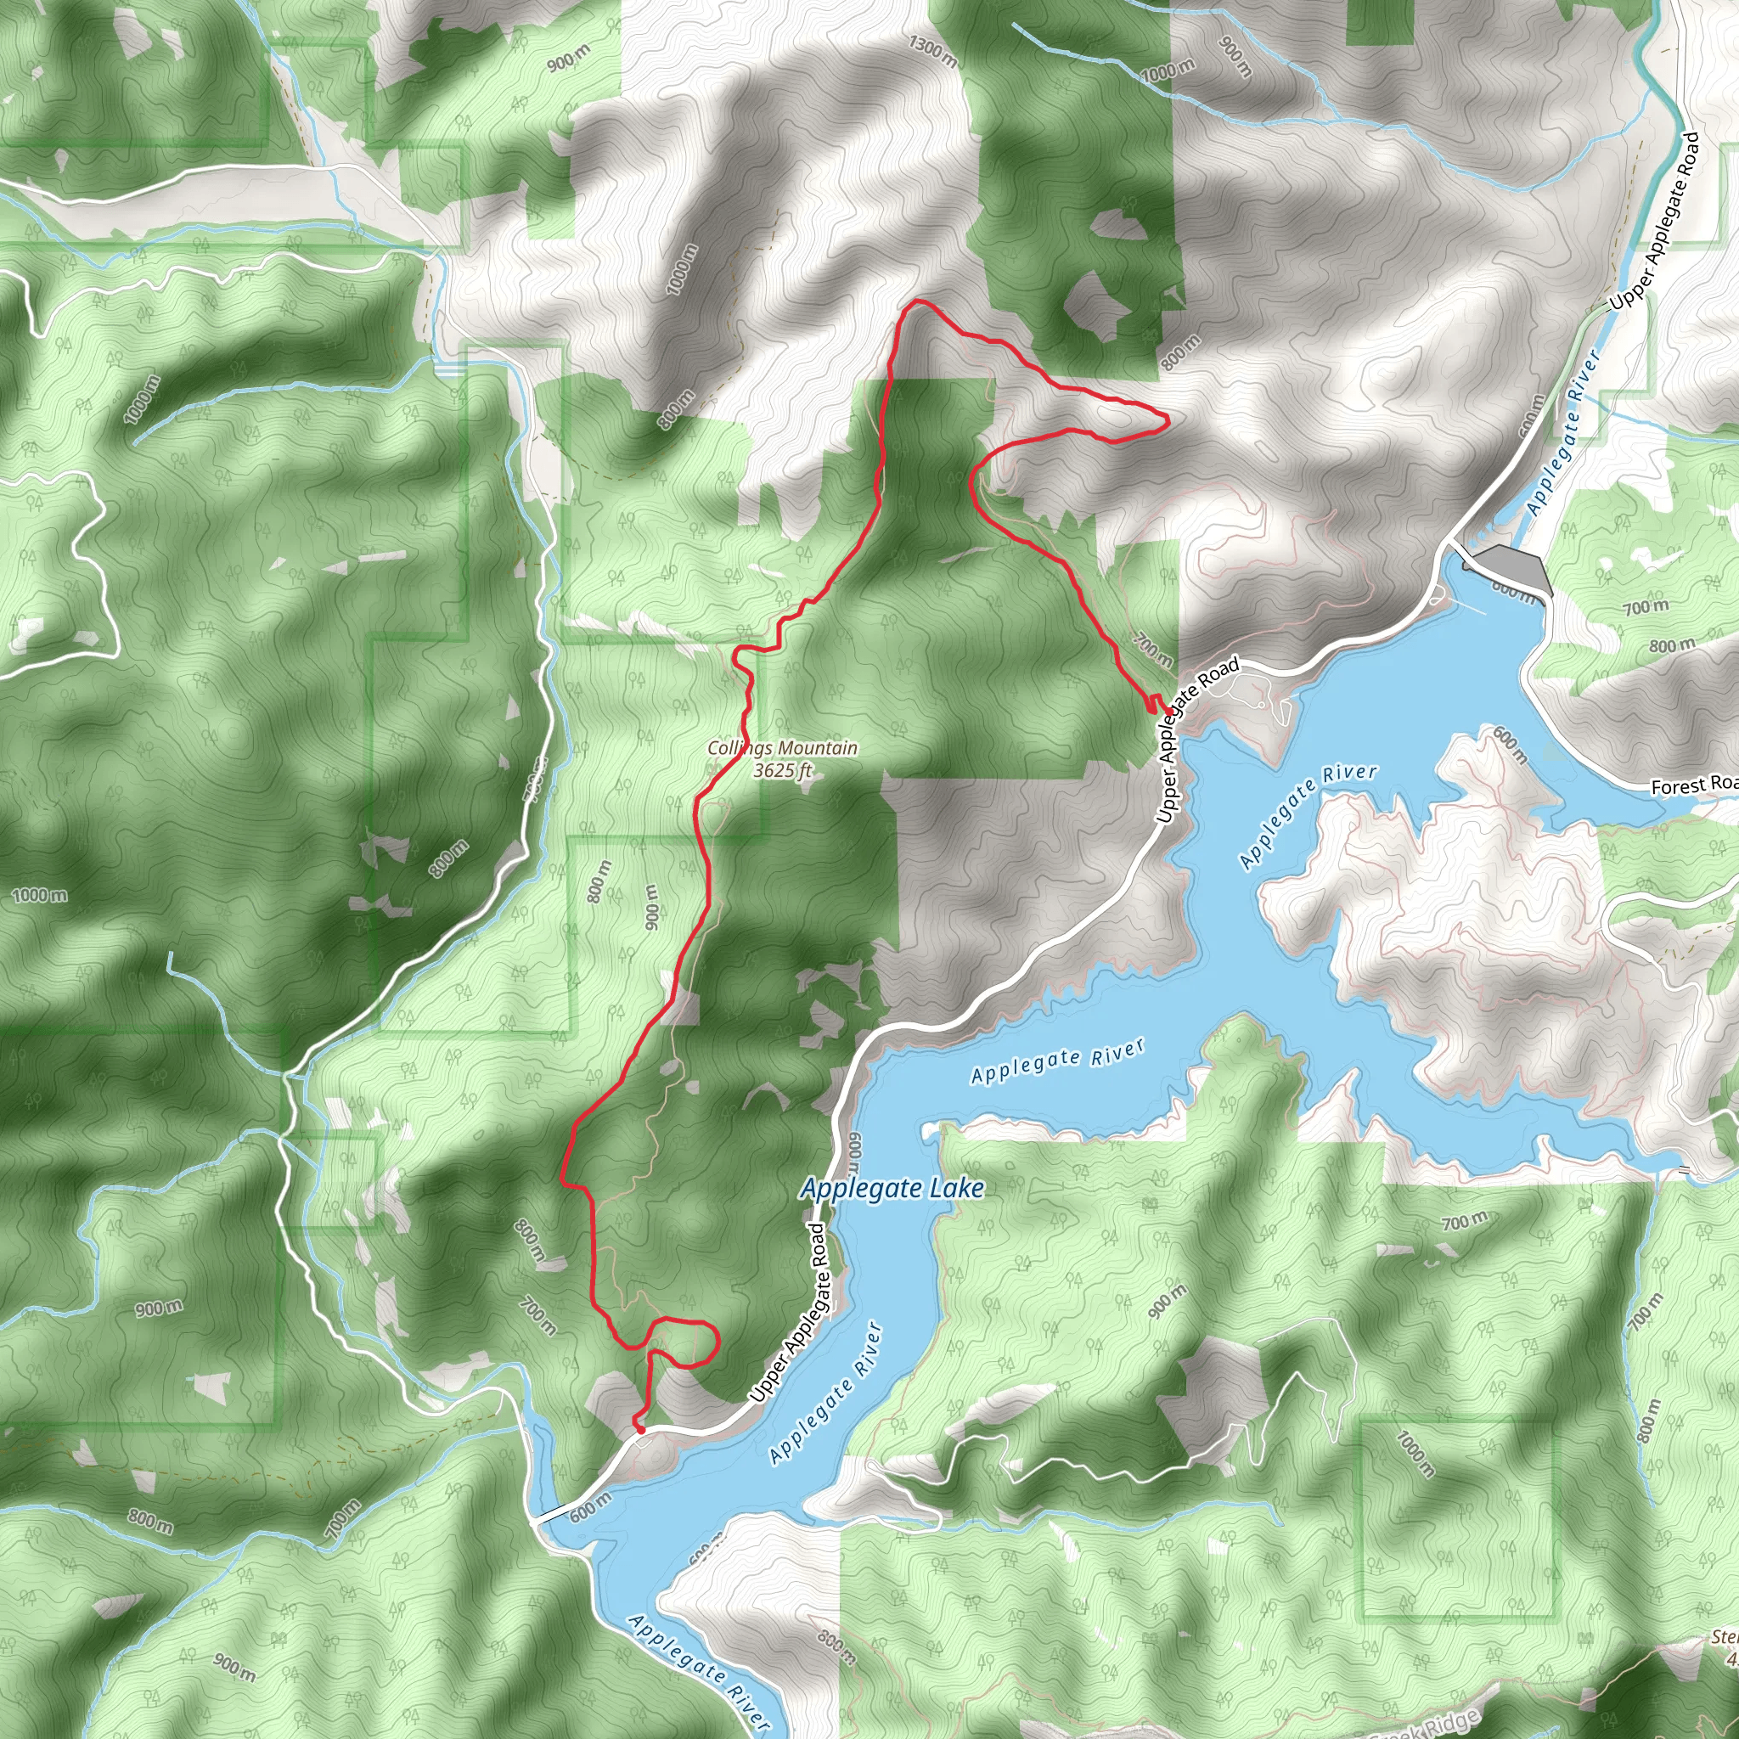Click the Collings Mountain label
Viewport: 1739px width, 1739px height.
(x=781, y=748)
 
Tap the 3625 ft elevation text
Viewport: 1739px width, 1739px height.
(x=782, y=770)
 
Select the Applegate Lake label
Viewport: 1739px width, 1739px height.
(x=892, y=1189)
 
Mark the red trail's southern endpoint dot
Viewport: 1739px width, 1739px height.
(x=640, y=1428)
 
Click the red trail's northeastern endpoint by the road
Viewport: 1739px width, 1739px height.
(x=1168, y=712)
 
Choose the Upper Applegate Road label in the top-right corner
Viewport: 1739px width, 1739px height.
(x=1654, y=222)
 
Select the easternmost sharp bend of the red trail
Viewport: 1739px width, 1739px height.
(x=1167, y=419)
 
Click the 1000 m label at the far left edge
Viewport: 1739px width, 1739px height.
(x=40, y=896)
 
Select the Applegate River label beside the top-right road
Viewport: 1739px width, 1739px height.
(x=1564, y=433)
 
